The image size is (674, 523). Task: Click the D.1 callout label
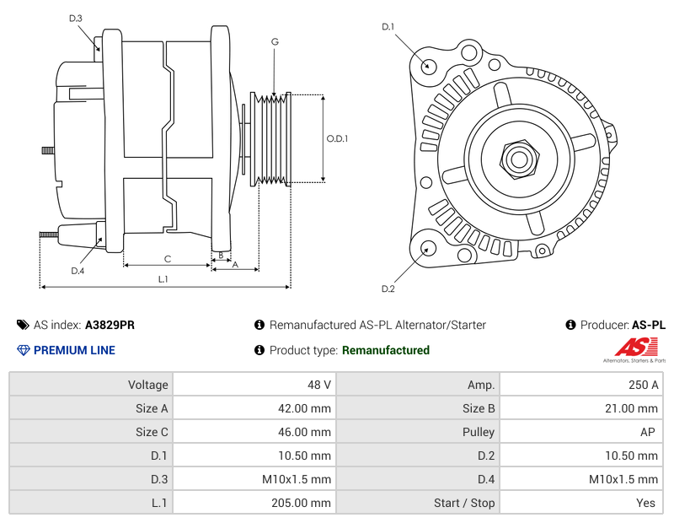click(388, 27)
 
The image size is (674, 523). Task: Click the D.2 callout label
click(388, 289)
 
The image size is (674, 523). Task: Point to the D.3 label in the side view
click(76, 18)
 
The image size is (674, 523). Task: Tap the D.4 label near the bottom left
click(78, 271)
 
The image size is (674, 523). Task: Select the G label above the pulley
click(275, 41)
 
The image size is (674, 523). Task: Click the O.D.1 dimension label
click(337, 139)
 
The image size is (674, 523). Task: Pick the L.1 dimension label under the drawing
click(163, 279)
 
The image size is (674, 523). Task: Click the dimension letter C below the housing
click(168, 259)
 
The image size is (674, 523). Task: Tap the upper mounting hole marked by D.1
click(428, 66)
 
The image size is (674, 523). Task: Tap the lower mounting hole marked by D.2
click(427, 248)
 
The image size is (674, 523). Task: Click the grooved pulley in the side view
click(272, 138)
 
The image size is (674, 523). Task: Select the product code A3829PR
click(110, 325)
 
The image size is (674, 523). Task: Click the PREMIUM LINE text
click(74, 350)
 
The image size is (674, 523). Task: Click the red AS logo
click(634, 347)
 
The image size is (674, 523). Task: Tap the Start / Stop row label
click(464, 503)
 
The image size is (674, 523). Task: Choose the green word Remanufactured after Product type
click(385, 350)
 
